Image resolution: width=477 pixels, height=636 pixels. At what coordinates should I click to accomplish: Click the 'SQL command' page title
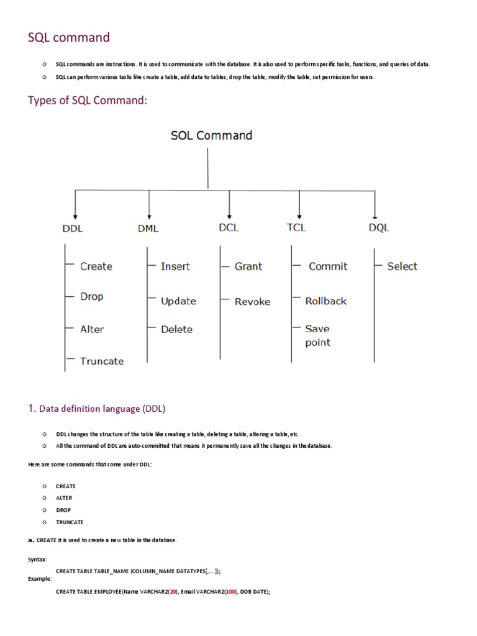[69, 38]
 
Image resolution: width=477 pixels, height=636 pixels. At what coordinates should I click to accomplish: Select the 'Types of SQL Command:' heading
[88, 101]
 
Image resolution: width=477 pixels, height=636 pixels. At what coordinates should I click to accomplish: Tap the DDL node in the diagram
[73, 228]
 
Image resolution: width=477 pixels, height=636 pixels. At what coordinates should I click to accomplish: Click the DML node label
[148, 228]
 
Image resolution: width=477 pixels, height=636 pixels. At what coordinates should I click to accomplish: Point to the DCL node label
[229, 227]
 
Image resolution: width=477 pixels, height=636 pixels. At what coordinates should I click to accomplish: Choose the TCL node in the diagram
[296, 227]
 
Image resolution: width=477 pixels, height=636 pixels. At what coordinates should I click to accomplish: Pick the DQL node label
[378, 228]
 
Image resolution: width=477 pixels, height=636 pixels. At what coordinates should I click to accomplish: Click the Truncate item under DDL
[102, 361]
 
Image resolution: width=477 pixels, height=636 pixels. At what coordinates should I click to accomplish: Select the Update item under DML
[178, 301]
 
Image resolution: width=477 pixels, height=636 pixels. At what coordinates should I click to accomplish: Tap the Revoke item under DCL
[253, 302]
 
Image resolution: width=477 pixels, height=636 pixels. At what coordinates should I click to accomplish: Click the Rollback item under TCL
[326, 301]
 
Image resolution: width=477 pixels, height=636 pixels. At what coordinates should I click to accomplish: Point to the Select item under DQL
[402, 266]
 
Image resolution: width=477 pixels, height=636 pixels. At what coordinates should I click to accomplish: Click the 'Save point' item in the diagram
[318, 335]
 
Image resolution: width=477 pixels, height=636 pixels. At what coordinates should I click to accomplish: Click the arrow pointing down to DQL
[375, 205]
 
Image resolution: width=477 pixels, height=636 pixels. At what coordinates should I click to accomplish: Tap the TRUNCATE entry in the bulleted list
[70, 522]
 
